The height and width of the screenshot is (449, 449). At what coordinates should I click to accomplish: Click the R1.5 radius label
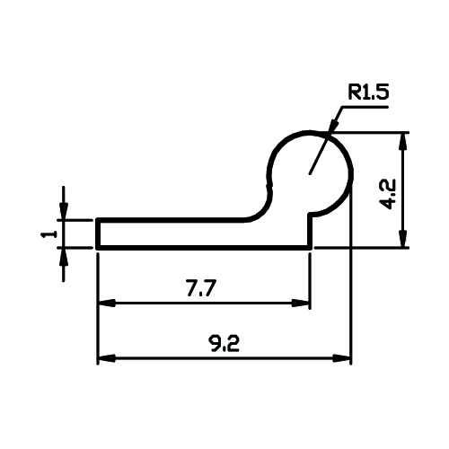(x=368, y=92)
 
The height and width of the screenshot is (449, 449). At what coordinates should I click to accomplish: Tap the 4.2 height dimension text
(x=387, y=194)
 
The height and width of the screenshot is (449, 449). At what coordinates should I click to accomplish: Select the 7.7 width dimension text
(x=201, y=287)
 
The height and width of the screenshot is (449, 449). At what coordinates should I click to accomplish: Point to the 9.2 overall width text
(x=224, y=343)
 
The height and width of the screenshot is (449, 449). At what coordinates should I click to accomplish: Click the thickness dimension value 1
(x=49, y=233)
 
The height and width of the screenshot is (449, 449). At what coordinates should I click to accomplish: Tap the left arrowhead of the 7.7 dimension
(x=107, y=303)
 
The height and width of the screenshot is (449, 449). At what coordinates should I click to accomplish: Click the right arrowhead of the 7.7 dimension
(x=301, y=303)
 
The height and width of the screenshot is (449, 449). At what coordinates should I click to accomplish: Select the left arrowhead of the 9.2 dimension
(x=107, y=358)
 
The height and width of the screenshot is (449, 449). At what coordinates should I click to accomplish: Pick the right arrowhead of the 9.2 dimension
(x=342, y=358)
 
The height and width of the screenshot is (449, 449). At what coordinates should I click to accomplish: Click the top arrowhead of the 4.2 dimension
(x=403, y=141)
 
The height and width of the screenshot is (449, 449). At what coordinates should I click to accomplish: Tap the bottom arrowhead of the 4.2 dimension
(x=403, y=238)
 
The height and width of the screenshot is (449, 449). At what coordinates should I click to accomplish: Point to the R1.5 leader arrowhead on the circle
(x=333, y=127)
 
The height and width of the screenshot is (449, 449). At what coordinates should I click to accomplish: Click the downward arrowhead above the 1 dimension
(x=64, y=211)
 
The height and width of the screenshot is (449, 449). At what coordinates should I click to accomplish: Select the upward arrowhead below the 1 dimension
(x=64, y=256)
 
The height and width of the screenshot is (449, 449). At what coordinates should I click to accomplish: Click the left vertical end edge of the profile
(x=98, y=233)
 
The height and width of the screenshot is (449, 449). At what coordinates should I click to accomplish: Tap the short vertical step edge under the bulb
(x=311, y=231)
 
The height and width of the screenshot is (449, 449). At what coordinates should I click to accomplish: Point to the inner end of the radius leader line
(x=310, y=173)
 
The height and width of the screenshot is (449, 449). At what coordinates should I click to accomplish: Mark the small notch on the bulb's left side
(x=269, y=183)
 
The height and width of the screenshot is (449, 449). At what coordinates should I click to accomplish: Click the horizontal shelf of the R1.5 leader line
(x=365, y=107)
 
